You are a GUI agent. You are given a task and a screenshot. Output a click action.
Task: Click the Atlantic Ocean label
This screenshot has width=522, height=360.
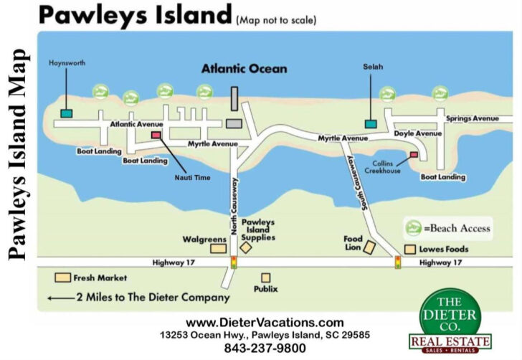coord(244,70)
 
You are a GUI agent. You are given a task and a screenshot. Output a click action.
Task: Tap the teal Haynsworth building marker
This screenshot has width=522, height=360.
coord(67,113)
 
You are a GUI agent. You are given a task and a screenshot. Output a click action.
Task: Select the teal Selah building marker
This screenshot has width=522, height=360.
coord(371,124)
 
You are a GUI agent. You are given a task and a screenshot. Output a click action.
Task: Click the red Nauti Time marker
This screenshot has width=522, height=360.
coord(156,135)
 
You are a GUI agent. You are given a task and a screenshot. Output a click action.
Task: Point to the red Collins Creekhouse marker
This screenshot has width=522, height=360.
coord(414,155)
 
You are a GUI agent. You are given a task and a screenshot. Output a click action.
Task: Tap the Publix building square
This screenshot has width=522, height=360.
coord(265,278)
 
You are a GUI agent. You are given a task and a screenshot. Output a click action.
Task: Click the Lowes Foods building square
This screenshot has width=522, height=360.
coord(410,250)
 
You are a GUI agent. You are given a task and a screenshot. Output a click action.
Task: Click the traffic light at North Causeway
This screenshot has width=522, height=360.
coord(233,262)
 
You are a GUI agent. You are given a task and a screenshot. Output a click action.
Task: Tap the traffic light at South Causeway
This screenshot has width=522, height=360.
coord(398,262)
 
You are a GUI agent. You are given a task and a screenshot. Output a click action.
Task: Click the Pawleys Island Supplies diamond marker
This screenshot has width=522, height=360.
coord(246,247)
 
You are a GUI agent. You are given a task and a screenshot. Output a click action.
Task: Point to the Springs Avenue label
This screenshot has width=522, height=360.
coord(472,118)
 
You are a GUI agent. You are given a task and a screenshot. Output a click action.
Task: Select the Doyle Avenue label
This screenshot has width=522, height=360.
coord(418,134)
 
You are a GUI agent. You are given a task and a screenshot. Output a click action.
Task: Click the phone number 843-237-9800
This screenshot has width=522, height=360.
coord(265,349)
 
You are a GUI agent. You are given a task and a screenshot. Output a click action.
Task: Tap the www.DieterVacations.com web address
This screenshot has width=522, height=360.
coord(265,323)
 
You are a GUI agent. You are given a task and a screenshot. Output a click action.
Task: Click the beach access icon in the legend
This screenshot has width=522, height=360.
coord(412,228)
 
